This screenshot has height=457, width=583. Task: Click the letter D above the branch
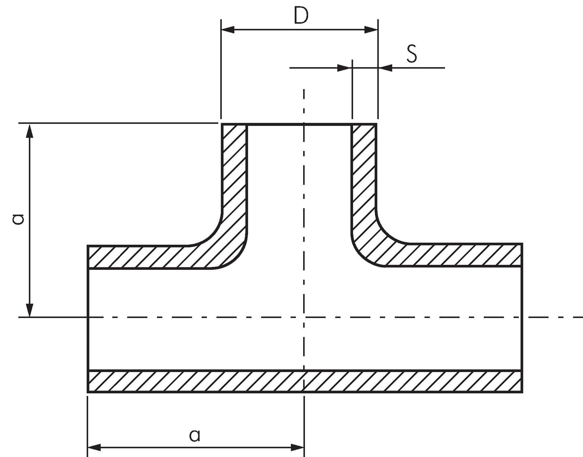click(301, 15)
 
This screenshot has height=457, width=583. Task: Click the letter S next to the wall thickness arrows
click(412, 54)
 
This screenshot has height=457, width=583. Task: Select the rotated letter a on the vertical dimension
click(19, 219)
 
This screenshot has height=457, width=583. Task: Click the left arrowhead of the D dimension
click(228, 30)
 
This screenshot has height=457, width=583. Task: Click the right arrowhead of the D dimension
click(371, 30)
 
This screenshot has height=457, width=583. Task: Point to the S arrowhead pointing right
click(345, 68)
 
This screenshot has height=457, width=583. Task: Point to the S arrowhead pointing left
click(385, 68)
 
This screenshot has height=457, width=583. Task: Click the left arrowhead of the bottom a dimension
click(94, 448)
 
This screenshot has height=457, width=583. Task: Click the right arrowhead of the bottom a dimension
click(298, 448)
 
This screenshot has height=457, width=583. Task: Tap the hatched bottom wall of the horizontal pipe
click(305, 381)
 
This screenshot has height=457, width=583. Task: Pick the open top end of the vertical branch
click(299, 124)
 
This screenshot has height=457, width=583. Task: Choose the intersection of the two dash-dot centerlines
click(304, 318)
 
